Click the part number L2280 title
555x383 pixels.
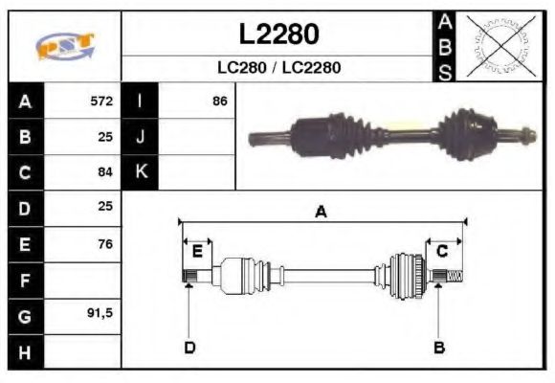pyautogui.click(x=278, y=34)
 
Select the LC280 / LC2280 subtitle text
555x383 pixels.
pyautogui.click(x=278, y=68)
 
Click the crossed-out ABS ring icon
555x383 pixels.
pyautogui.click(x=497, y=46)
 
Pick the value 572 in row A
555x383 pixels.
pyautogui.click(x=101, y=101)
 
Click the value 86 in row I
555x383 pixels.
pyautogui.click(x=219, y=101)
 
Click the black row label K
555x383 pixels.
pyautogui.click(x=140, y=172)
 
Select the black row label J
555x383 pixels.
pyautogui.click(x=140, y=137)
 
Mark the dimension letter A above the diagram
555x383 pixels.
pyautogui.click(x=321, y=212)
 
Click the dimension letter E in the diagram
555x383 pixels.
pyautogui.click(x=197, y=252)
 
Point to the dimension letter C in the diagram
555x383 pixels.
pyautogui.click(x=442, y=252)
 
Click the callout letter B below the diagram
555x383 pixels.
pyautogui.click(x=439, y=347)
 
